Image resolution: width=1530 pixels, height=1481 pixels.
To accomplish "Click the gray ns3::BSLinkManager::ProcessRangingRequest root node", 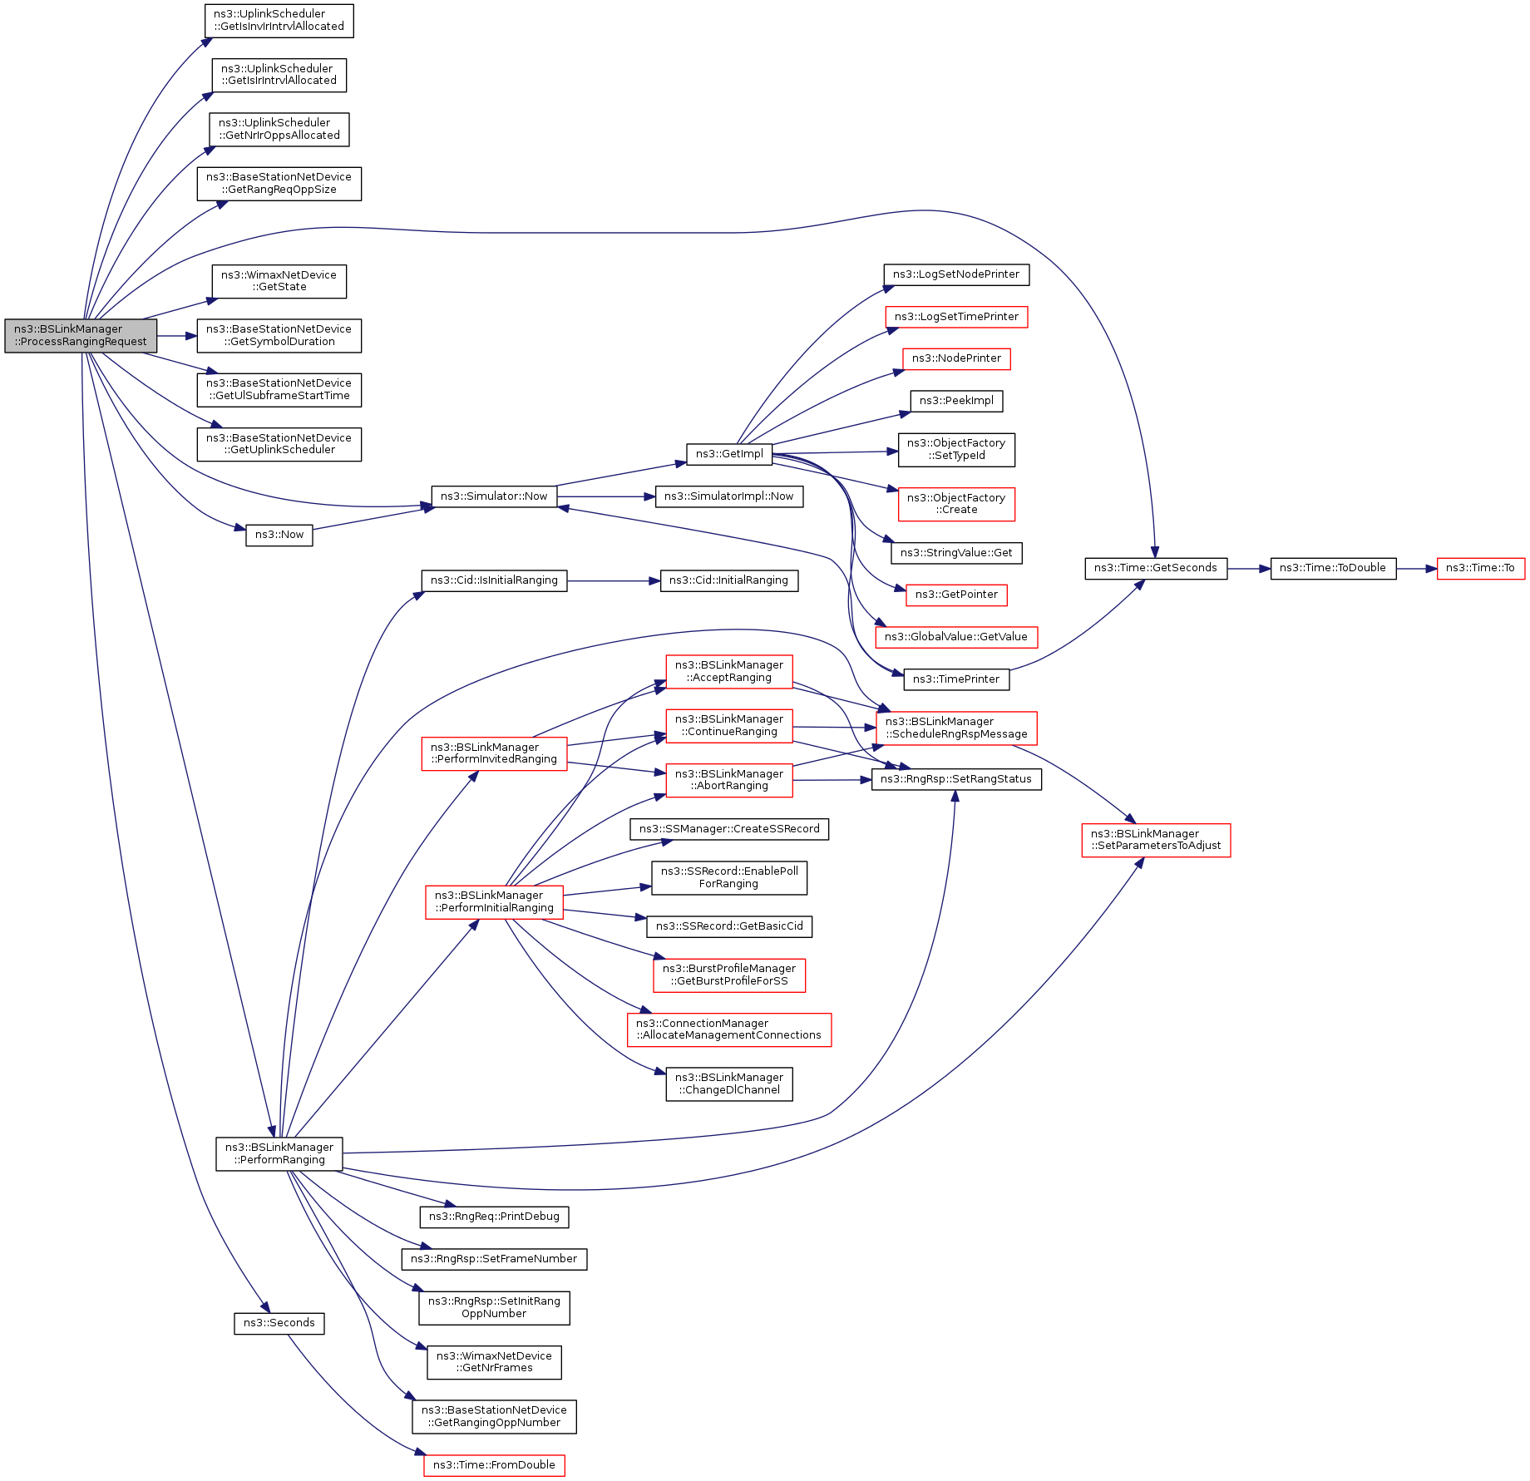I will (81, 335).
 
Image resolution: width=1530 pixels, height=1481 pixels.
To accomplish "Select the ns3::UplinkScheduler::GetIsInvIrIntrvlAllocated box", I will (279, 20).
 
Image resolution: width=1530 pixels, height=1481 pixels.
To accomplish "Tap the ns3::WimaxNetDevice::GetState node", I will (279, 281).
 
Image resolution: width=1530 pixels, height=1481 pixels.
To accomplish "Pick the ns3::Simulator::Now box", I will (494, 496).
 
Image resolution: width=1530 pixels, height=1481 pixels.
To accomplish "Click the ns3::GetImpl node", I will (729, 454).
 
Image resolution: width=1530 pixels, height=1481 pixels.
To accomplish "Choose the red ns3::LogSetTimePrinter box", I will (956, 317).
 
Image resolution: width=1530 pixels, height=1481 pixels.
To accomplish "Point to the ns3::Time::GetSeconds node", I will (1155, 568).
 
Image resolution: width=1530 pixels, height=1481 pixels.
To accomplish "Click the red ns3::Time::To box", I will (1480, 568).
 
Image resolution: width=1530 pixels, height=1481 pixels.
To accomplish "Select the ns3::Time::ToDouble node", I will (1332, 568).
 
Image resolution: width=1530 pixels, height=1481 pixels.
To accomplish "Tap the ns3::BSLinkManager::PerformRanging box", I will (279, 1153).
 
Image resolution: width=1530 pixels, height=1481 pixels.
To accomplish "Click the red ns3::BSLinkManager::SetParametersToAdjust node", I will (1156, 840).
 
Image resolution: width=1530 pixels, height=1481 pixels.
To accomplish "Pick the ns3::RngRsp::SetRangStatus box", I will (956, 779).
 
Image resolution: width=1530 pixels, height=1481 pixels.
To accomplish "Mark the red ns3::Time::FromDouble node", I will (494, 1465).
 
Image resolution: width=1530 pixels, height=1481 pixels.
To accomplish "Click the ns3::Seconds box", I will (279, 1323).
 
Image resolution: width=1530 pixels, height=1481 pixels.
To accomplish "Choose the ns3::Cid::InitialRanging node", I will (728, 580).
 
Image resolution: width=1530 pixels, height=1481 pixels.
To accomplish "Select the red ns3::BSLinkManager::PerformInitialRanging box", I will (494, 901).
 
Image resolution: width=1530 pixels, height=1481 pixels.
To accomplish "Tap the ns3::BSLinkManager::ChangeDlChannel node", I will (729, 1084).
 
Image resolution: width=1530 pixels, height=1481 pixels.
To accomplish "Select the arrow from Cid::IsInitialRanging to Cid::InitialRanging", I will (613, 581).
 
